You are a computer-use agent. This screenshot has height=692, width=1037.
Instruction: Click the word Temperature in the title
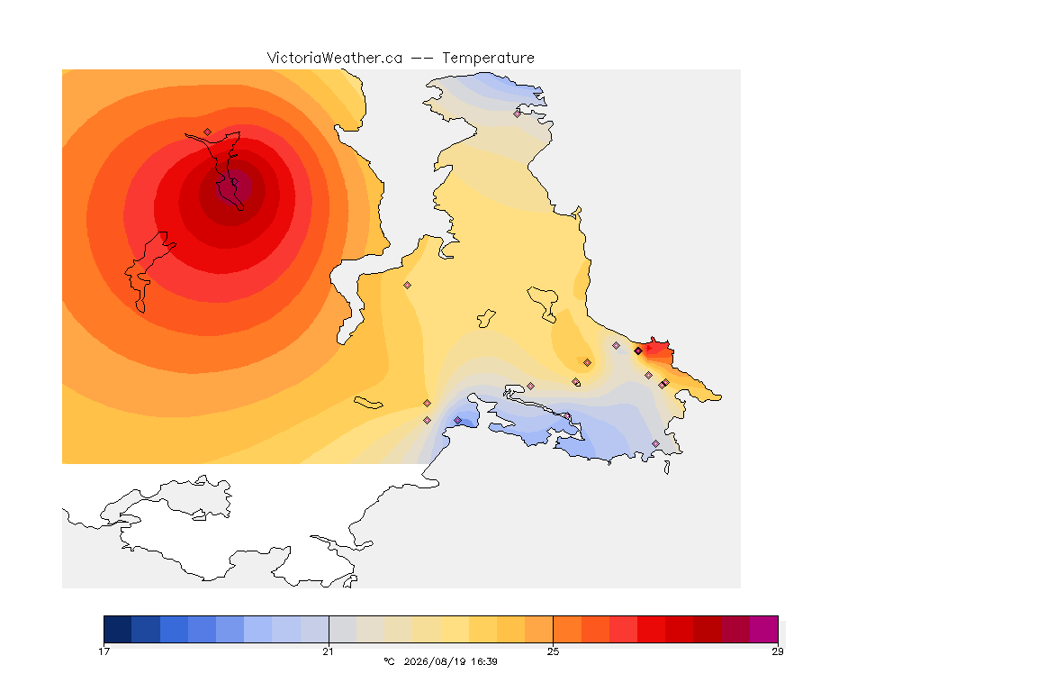click(488, 59)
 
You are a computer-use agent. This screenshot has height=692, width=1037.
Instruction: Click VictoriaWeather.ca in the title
click(335, 59)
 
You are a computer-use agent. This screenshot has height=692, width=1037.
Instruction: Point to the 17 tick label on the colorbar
click(104, 651)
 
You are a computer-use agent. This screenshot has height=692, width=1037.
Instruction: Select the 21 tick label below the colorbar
click(328, 651)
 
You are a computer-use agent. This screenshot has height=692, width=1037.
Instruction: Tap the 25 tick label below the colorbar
click(553, 651)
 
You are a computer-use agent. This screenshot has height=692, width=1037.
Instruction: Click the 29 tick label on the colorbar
click(778, 651)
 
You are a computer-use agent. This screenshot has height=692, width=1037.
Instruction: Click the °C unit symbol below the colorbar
click(389, 661)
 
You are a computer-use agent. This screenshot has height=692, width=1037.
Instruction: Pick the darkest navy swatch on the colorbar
click(118, 629)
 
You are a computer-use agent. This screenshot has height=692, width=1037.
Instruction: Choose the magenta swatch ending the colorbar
click(764, 629)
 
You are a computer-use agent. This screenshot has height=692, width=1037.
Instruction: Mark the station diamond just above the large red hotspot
click(208, 132)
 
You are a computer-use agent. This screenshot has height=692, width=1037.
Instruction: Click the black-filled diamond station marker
click(637, 351)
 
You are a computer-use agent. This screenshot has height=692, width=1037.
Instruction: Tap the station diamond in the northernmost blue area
click(518, 114)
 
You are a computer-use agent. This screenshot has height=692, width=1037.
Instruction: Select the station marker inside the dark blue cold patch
click(457, 421)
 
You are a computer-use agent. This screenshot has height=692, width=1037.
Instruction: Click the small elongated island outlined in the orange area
click(368, 403)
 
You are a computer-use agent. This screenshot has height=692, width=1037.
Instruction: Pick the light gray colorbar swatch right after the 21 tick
click(343, 629)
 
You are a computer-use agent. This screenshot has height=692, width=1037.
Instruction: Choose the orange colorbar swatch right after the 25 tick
click(567, 629)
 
